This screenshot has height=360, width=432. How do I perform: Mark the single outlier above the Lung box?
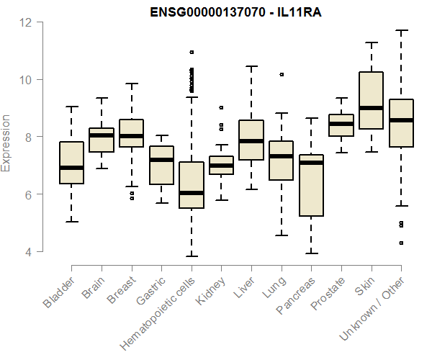282,74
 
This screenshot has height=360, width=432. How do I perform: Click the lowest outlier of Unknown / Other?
401,243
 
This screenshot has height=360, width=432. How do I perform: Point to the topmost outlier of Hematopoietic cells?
191,52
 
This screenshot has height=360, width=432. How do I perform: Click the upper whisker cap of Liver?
251,66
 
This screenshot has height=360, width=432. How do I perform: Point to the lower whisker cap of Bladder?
71,221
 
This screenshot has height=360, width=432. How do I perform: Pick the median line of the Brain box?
102,135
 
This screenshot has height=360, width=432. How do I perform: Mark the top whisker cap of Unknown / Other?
400,30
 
